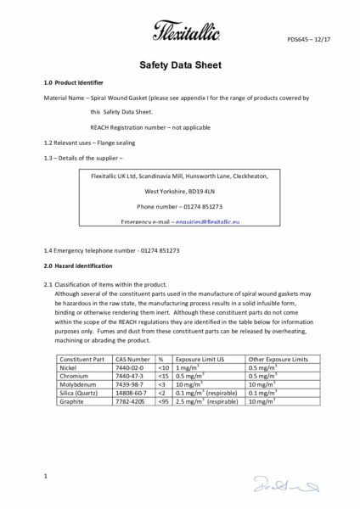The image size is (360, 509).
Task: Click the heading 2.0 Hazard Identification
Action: click(76, 266)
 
